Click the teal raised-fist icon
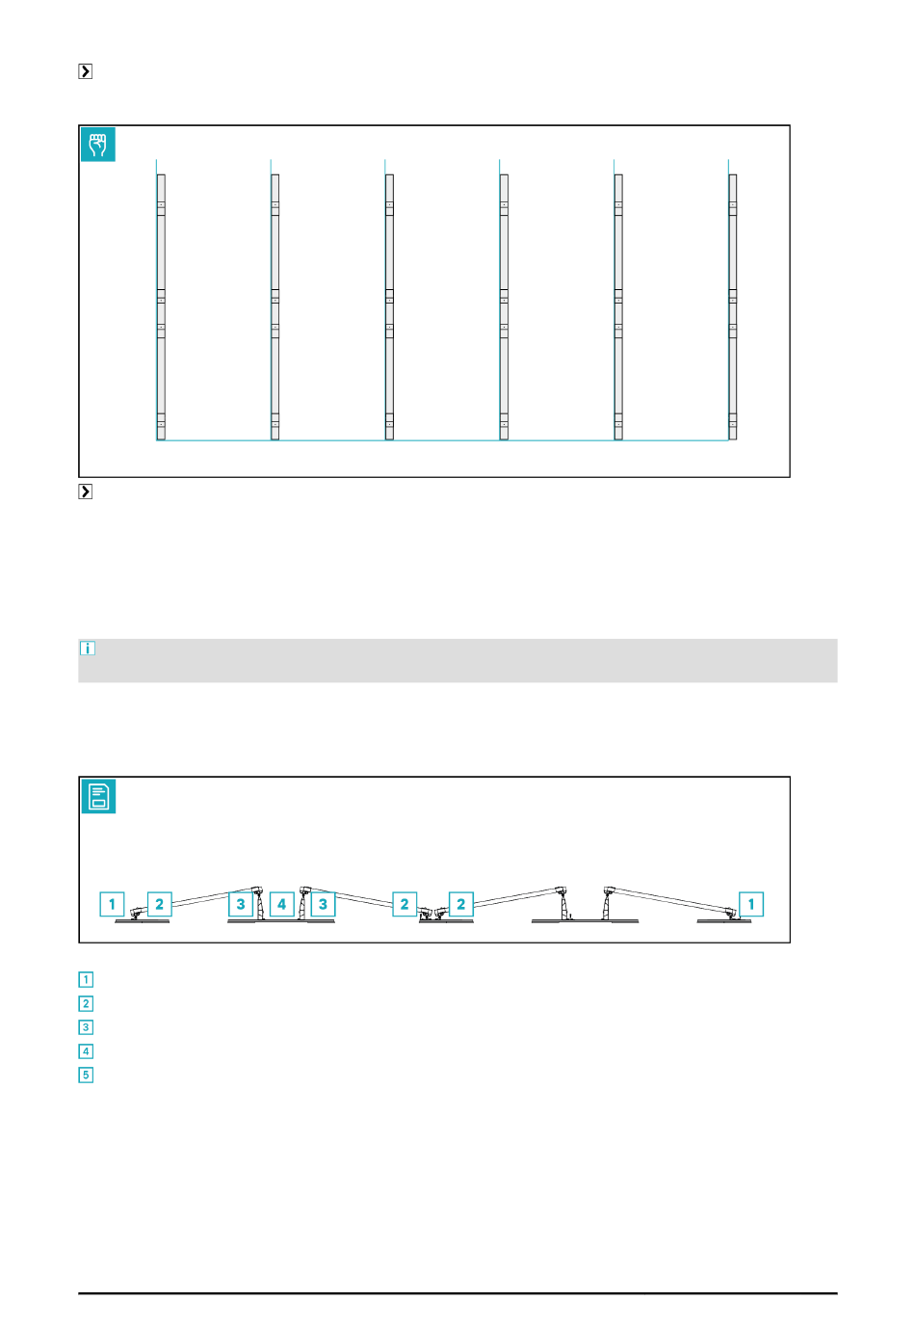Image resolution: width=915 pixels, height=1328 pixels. (x=98, y=144)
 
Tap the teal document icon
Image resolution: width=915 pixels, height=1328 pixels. (x=98, y=796)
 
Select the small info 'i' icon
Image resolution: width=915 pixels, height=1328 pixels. (x=87, y=648)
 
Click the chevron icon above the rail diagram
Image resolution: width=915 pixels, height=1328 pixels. (x=86, y=71)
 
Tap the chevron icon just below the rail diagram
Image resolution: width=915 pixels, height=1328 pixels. (x=86, y=491)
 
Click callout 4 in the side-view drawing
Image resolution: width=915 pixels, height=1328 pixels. (x=281, y=904)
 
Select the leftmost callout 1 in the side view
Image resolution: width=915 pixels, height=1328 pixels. (x=112, y=904)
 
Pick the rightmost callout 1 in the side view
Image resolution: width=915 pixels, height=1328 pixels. (x=751, y=904)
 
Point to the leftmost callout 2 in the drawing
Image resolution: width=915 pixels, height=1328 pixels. (x=160, y=904)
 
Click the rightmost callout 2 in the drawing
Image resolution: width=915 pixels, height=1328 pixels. (x=461, y=904)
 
